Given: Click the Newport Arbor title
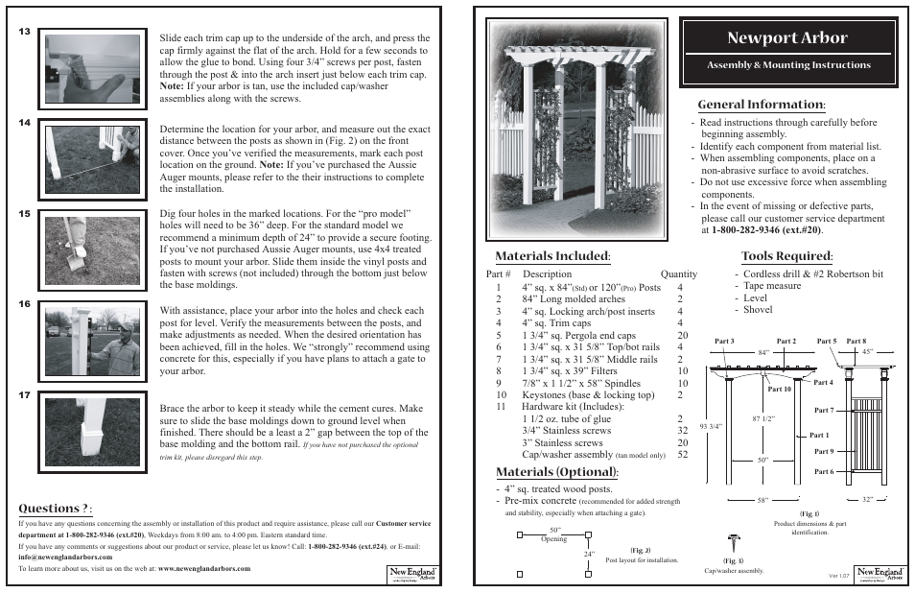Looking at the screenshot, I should [787, 38].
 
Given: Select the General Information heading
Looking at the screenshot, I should [761, 104].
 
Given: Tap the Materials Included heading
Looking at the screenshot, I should [553, 256].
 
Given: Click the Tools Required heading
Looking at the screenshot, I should [786, 256].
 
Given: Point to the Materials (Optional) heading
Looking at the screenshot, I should [556, 472].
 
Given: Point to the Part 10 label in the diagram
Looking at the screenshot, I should [780, 390].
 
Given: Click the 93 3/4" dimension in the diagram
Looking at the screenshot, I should [710, 426].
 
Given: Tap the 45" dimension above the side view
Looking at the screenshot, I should [867, 351].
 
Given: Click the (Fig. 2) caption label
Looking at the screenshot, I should [641, 550].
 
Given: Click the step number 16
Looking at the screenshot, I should [25, 304].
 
